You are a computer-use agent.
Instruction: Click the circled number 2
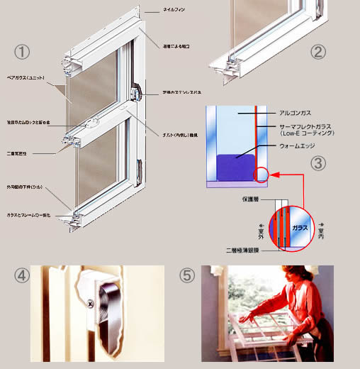click(x=318, y=51)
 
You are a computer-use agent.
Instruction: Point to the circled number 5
click(x=187, y=276)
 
